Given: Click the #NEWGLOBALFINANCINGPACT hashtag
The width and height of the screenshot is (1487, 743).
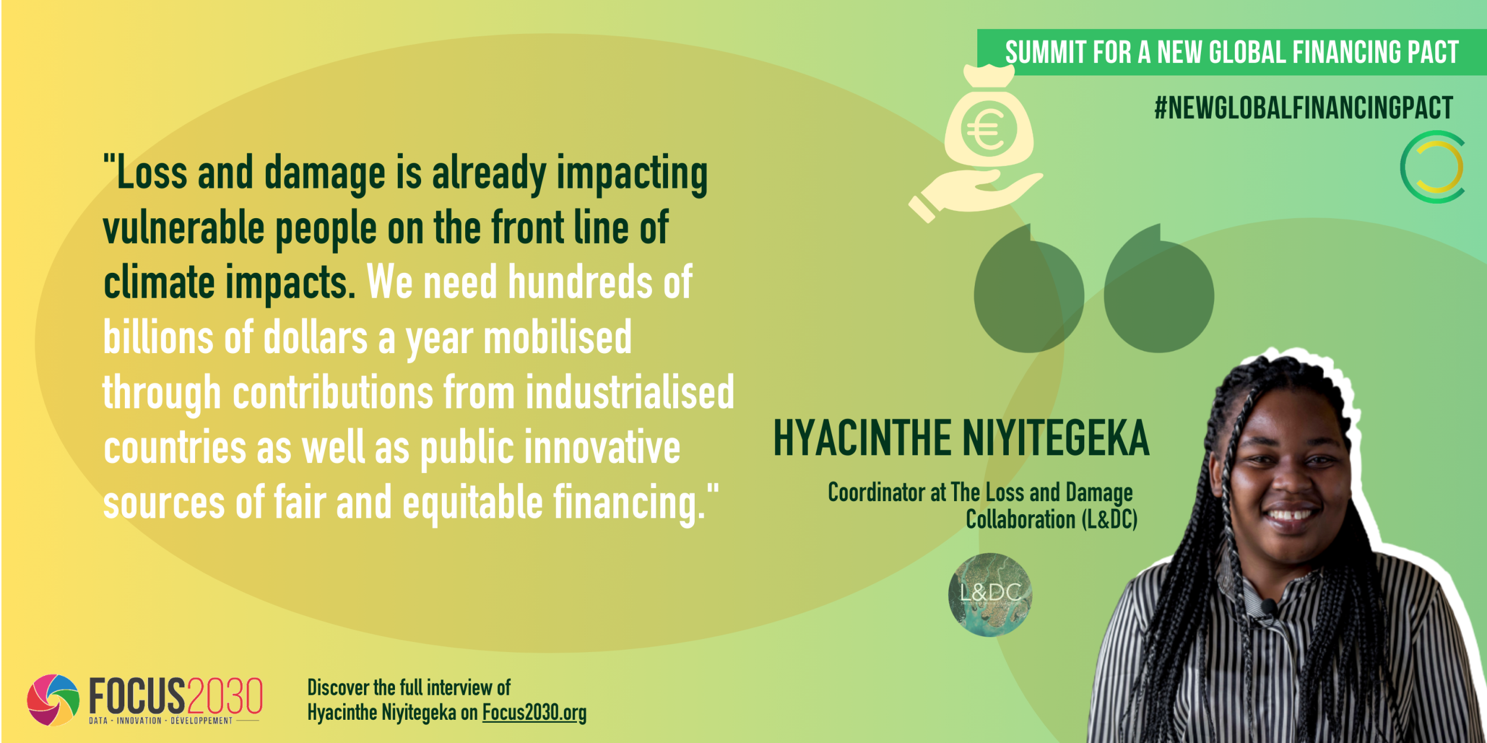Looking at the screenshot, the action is click(x=1304, y=108).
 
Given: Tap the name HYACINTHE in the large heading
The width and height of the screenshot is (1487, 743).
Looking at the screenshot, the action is click(x=862, y=438).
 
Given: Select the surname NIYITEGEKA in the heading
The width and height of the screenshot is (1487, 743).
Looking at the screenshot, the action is click(x=1056, y=438).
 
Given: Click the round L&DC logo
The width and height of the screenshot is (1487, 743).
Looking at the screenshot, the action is click(x=990, y=594).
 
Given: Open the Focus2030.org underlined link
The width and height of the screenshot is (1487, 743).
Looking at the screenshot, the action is click(x=534, y=712).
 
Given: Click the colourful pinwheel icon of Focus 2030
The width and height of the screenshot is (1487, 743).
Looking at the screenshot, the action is click(x=53, y=700).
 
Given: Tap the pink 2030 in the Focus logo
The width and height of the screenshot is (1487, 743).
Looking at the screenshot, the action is click(x=224, y=696).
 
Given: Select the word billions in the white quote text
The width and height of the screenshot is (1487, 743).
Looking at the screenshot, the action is click(x=158, y=338).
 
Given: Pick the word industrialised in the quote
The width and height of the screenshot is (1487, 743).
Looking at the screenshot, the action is click(x=630, y=393).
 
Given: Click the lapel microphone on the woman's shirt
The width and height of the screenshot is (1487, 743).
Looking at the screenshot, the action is click(x=1269, y=607).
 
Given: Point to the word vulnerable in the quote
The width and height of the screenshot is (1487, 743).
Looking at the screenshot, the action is click(x=183, y=228).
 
